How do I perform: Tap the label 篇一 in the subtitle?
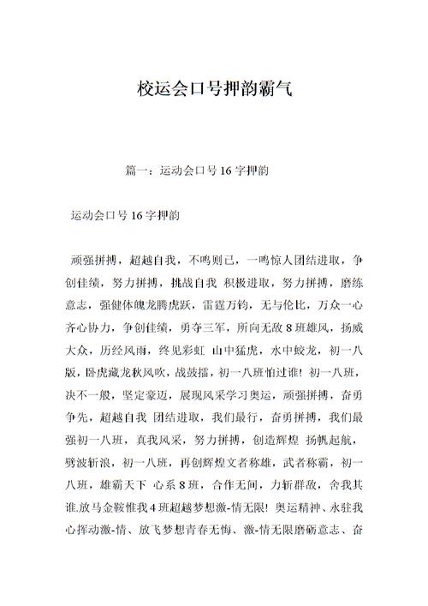(135, 171)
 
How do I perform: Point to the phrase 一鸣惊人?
(270, 261)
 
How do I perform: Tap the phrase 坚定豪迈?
(150, 393)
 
